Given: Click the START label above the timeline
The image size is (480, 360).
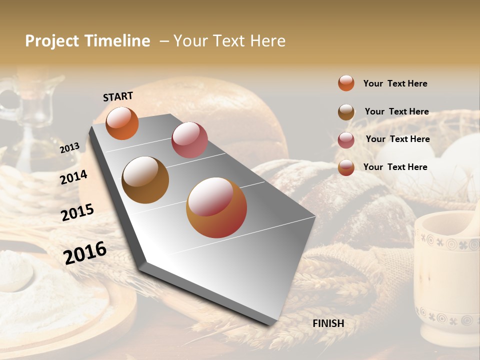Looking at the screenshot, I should click(118, 96).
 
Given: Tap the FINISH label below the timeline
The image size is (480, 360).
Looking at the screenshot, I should click(328, 323).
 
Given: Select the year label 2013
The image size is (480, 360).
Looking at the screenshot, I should click(70, 147).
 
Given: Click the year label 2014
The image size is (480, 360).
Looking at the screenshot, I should click(74, 177).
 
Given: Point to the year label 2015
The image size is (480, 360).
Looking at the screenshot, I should click(77, 212).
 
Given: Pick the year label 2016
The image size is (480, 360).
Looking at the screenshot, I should click(85, 252).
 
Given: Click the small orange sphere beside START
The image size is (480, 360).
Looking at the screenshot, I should click(122, 123).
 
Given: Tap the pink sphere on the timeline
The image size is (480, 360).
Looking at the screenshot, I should click(189, 140).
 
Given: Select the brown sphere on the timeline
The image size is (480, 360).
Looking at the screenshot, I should click(145, 180).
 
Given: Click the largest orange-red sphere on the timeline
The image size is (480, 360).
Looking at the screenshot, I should click(216, 207).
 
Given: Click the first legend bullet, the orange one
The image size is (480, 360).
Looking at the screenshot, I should click(346, 83).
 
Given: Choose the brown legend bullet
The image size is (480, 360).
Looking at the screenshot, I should click(346, 112).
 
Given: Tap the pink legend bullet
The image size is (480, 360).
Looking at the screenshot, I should click(346, 140).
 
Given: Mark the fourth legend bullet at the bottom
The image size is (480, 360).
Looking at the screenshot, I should click(346, 167).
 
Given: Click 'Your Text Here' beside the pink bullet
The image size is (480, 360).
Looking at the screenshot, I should click(397, 139).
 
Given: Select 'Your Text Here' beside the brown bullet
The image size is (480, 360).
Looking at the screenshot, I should click(396, 111).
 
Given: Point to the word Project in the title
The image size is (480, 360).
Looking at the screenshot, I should click(52, 41).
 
